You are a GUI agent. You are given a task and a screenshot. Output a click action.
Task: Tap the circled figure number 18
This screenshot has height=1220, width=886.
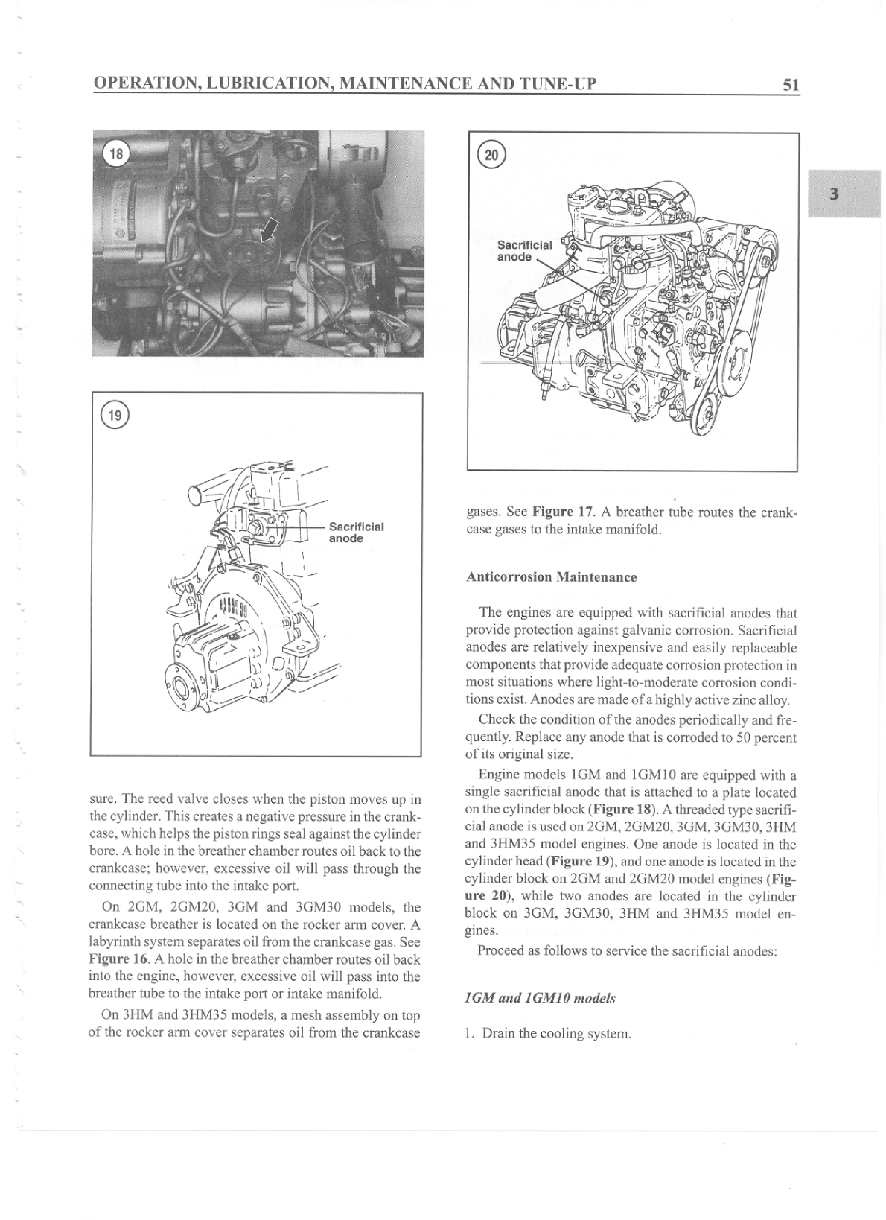coord(115,154)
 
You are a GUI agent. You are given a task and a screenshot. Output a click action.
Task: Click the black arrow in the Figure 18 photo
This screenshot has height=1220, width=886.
coord(270,230)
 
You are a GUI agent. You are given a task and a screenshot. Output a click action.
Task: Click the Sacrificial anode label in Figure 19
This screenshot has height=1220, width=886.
coord(356,533)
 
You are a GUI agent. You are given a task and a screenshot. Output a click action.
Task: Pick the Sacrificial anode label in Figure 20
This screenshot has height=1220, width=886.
coord(524,250)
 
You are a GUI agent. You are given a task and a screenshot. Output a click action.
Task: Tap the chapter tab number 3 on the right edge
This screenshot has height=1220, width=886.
coord(834,194)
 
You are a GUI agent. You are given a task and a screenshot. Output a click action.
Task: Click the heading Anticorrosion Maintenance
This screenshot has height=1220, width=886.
coord(551,577)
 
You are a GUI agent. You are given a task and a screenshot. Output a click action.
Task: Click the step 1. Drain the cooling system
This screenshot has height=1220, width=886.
coord(548,1034)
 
